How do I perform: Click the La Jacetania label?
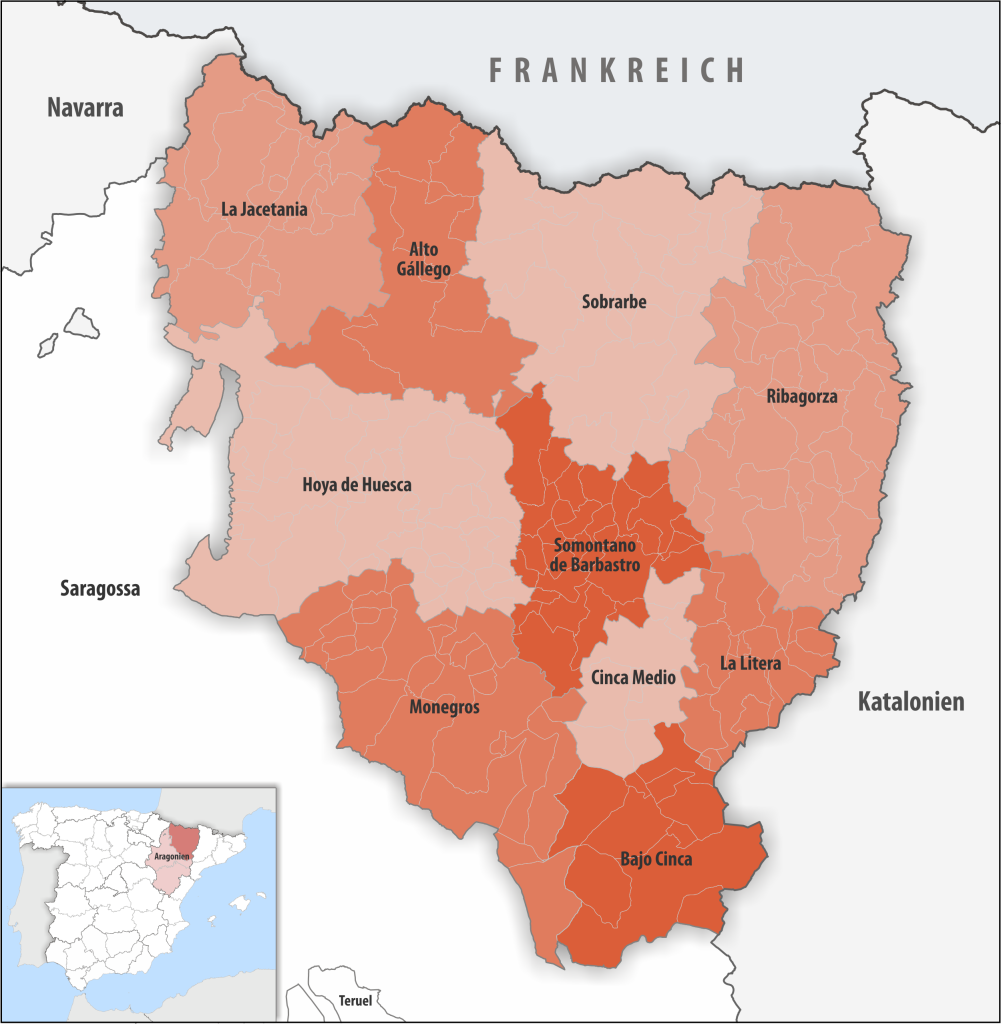264,210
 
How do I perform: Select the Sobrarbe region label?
614,301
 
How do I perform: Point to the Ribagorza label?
802,396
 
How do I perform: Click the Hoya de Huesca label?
357,485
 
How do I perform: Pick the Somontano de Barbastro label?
595,555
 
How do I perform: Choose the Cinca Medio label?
633,678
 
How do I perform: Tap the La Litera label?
751,663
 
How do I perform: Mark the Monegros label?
444,707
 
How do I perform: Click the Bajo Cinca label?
656,859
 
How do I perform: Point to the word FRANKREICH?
617,70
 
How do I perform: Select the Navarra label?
85,108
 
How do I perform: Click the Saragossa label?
99,589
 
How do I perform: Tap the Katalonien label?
911,702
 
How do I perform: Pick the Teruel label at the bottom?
355,1001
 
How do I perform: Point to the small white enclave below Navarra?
79,323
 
